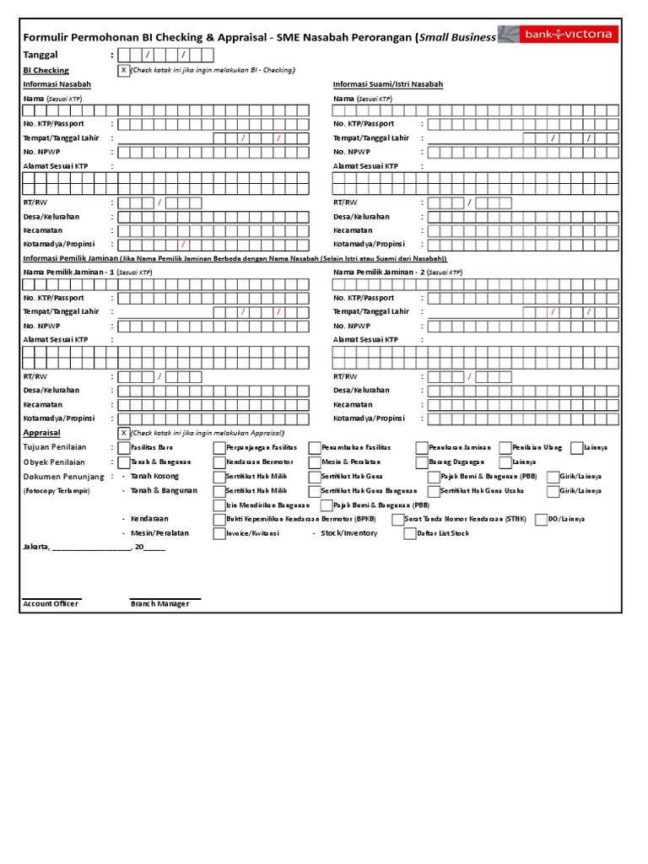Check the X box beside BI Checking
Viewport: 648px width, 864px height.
pos(124,71)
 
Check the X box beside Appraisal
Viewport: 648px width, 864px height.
pos(124,433)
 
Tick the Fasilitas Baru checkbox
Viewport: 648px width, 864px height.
pos(124,448)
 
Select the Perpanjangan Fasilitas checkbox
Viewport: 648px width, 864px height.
pos(219,448)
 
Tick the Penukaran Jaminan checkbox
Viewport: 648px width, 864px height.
pos(421,448)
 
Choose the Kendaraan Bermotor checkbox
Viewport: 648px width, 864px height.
pos(219,462)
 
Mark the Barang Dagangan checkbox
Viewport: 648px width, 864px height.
pos(421,462)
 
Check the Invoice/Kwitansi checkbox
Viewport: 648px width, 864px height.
pos(219,533)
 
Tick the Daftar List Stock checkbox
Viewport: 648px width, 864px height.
pos(410,533)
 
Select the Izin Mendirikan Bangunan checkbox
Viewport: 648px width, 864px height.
pos(219,505)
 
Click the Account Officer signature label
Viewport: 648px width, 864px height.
pos(51,604)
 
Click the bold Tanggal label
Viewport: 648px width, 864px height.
pos(42,55)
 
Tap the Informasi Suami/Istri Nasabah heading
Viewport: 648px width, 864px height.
pos(388,84)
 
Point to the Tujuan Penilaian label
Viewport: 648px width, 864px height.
pos(55,447)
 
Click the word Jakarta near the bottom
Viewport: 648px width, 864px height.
pos(35,547)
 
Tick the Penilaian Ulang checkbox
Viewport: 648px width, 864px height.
pos(505,448)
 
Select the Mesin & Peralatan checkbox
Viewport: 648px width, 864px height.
pos(315,462)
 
